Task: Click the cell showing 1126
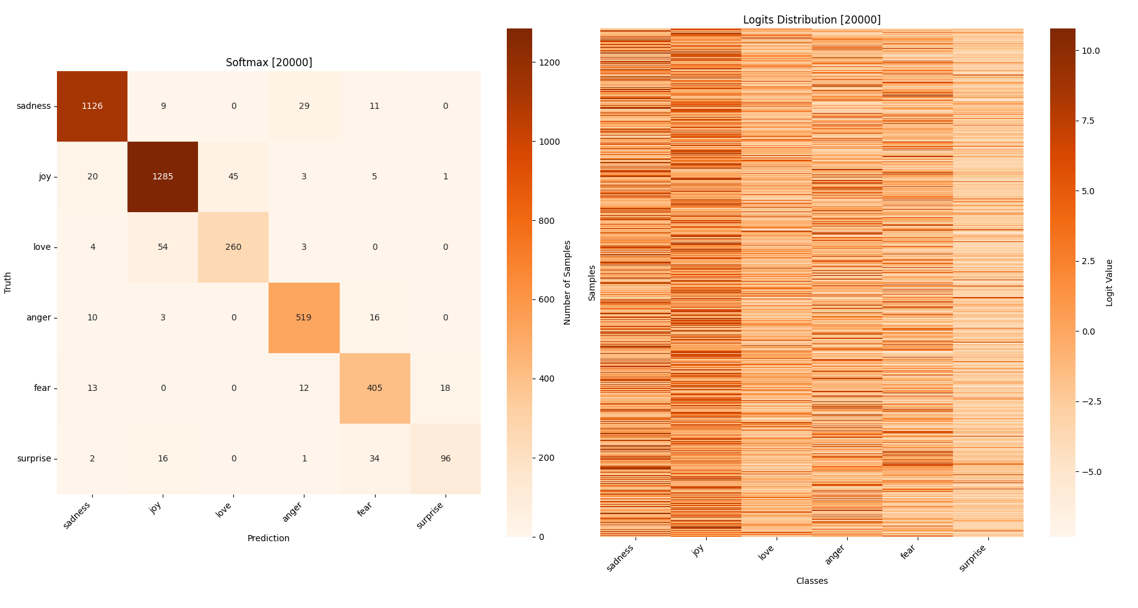pyautogui.click(x=92, y=106)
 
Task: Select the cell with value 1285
pyautogui.click(x=163, y=176)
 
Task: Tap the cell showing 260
pyautogui.click(x=233, y=247)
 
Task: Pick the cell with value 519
pyautogui.click(x=304, y=317)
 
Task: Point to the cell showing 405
pyautogui.click(x=374, y=388)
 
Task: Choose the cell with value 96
pyautogui.click(x=445, y=458)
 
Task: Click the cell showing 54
pyautogui.click(x=163, y=247)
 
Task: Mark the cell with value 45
pyautogui.click(x=233, y=176)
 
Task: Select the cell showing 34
pyautogui.click(x=374, y=458)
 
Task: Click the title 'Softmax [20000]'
pyautogui.click(x=269, y=62)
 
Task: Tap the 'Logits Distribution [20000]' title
pyautogui.click(x=811, y=20)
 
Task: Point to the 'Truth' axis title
pyautogui.click(x=8, y=283)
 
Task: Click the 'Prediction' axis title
pyautogui.click(x=268, y=538)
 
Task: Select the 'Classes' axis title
pyautogui.click(x=811, y=581)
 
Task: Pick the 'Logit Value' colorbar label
pyautogui.click(x=1109, y=283)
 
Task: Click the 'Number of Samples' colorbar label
pyautogui.click(x=567, y=283)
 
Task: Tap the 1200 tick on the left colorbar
pyautogui.click(x=550, y=62)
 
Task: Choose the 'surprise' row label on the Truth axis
pyautogui.click(x=34, y=458)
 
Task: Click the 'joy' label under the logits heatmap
pyautogui.click(x=699, y=550)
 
